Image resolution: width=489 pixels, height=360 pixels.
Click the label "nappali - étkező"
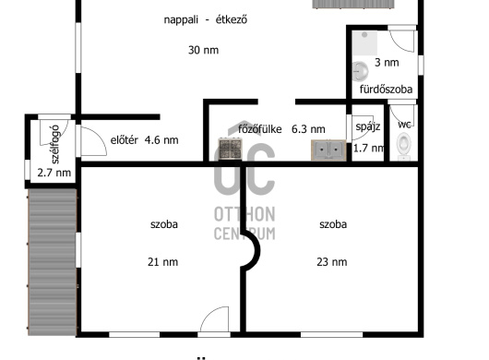tap(206, 20)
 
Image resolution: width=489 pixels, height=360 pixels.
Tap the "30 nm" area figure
tap(203, 50)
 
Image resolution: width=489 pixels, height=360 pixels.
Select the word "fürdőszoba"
tap(386, 90)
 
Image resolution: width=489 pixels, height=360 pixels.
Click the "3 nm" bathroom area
tap(387, 63)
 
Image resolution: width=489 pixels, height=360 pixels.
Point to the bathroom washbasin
tap(360, 71)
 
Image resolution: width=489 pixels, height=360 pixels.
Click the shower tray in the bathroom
tap(364, 43)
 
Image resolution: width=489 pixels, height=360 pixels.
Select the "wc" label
tap(404, 125)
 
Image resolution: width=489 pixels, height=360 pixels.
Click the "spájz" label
tap(368, 126)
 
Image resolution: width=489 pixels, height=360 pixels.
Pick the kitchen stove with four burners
tap(231, 149)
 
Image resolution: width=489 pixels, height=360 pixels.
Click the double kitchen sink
tap(328, 150)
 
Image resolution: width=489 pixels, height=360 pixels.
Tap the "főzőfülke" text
tap(260, 129)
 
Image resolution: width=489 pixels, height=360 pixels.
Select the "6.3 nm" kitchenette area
tap(308, 129)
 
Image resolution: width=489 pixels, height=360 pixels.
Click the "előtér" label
tap(125, 140)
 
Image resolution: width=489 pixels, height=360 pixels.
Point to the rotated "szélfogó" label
tap(54, 144)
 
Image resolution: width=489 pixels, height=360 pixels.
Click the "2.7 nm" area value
tap(54, 173)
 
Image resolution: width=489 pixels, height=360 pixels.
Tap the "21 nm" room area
tap(162, 262)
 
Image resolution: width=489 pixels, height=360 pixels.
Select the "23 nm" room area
tap(332, 262)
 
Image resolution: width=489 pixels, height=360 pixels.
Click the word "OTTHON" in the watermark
tap(244, 214)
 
